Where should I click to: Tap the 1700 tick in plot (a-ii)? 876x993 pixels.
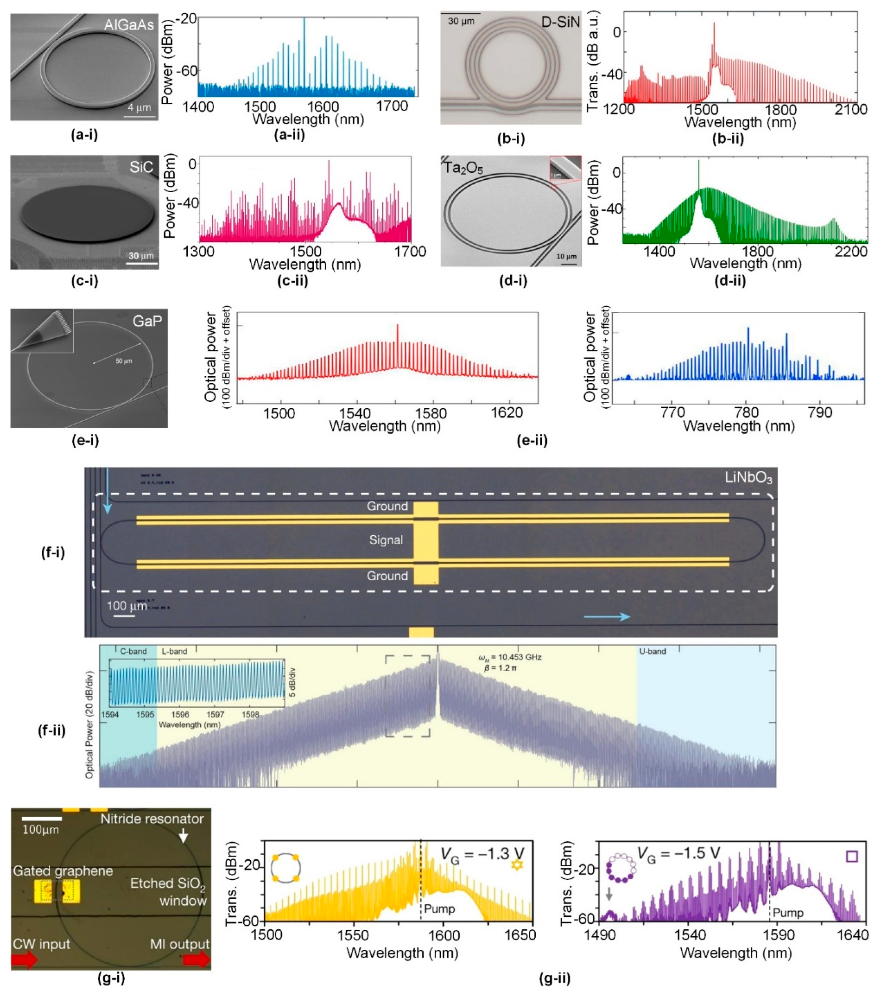point(392,106)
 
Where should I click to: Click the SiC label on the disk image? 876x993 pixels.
point(141,168)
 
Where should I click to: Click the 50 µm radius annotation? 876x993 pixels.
point(123,361)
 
